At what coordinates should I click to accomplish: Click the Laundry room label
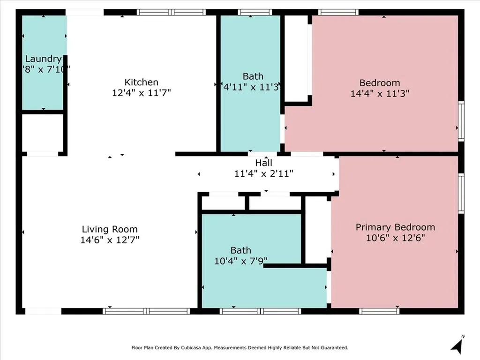click(x=44, y=59)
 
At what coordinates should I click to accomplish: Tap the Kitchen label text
click(x=142, y=82)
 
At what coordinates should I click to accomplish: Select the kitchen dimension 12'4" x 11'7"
click(x=142, y=92)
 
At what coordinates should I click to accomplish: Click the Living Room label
click(x=110, y=229)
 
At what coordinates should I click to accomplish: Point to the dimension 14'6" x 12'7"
click(x=110, y=240)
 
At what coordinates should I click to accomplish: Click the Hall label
click(x=264, y=163)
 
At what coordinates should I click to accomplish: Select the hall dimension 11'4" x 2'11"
click(x=264, y=173)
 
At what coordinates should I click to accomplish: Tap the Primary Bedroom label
click(x=395, y=227)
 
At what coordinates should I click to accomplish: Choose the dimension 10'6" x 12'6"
click(x=395, y=238)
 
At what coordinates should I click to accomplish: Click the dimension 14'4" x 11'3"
click(x=380, y=93)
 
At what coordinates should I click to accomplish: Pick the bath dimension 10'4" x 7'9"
click(x=240, y=261)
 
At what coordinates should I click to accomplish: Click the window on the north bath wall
click(x=255, y=12)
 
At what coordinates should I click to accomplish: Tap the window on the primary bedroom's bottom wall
click(x=379, y=311)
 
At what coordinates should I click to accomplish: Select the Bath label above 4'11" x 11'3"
click(x=253, y=76)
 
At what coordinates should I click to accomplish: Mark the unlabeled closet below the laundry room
click(x=43, y=133)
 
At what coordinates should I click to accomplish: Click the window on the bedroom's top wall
click(x=338, y=12)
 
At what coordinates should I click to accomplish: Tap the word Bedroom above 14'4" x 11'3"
click(x=380, y=83)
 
